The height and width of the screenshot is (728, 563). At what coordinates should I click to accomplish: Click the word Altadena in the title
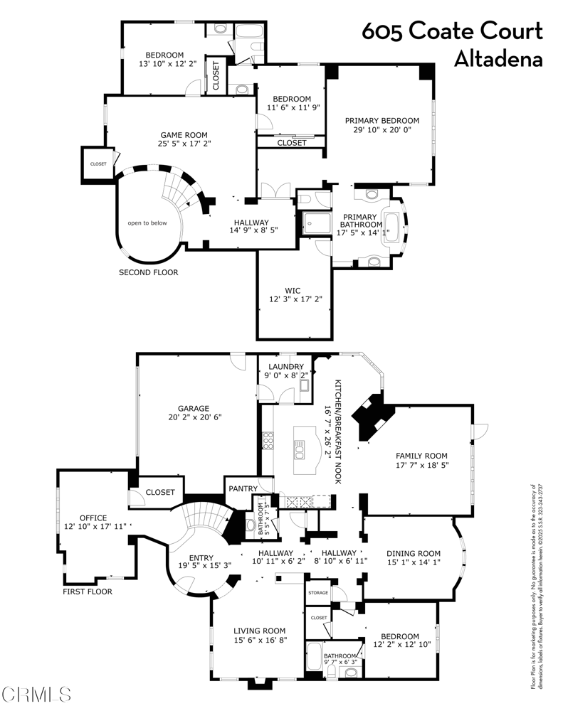click(x=498, y=59)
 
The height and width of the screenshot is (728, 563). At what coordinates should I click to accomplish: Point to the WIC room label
click(x=293, y=290)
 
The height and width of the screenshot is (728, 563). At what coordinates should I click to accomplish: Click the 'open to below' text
click(x=147, y=223)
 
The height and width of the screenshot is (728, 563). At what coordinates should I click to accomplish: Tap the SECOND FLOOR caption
click(x=149, y=272)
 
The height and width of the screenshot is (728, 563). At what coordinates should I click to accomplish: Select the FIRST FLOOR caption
click(x=88, y=591)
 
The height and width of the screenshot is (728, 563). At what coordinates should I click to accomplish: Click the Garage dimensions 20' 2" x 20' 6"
click(x=194, y=417)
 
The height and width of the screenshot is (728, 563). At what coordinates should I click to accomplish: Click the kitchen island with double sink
click(x=302, y=451)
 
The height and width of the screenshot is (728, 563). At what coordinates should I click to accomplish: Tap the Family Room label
click(x=421, y=456)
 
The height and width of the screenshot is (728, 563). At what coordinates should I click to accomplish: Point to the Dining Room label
click(x=413, y=553)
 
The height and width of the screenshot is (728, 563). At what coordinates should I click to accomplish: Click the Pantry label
click(x=242, y=488)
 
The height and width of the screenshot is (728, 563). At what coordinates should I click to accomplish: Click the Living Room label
click(x=260, y=630)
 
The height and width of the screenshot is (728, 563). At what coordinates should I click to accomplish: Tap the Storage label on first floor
click(x=317, y=591)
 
